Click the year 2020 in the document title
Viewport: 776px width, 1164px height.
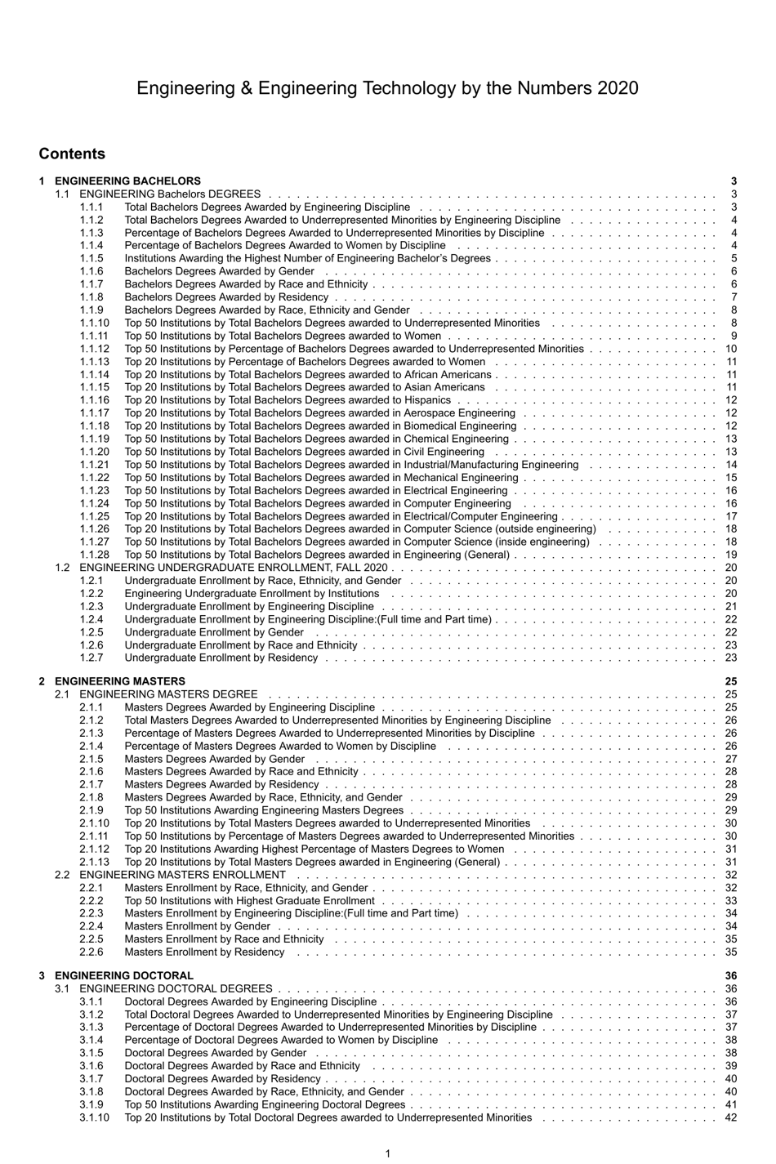click(618, 88)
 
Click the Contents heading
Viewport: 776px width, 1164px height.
click(72, 154)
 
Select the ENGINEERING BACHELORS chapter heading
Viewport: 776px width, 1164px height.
click(127, 181)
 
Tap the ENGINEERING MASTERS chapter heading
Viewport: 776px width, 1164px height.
click(120, 681)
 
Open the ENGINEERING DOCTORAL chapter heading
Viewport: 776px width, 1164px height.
click(124, 975)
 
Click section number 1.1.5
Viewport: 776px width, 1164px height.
click(91, 259)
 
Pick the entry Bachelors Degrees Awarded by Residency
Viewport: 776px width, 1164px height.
click(226, 297)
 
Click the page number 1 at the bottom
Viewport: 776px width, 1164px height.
click(387, 1153)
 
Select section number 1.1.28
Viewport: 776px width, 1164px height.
click(94, 555)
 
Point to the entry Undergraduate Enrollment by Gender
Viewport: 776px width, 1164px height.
click(214, 632)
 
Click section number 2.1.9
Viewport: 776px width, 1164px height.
click(91, 810)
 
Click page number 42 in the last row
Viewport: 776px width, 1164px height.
click(730, 1117)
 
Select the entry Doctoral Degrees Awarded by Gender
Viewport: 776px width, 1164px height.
click(216, 1053)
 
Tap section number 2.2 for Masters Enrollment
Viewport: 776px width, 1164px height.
click(62, 875)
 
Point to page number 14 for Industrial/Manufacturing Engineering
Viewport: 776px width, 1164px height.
click(730, 465)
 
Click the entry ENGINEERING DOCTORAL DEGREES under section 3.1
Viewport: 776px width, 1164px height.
click(176, 988)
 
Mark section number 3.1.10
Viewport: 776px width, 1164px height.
click(94, 1117)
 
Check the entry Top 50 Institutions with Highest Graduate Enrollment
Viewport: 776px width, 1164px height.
click(249, 901)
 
